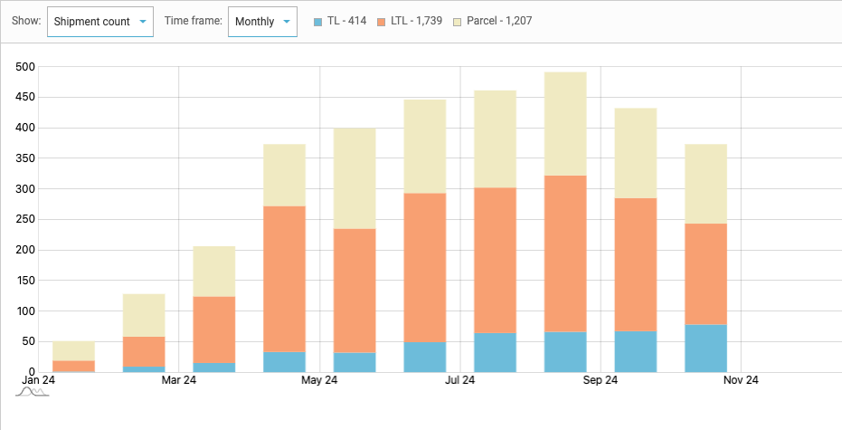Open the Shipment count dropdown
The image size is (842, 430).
pos(99,21)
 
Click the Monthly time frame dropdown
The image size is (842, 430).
pos(262,21)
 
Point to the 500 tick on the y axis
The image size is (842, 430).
pos(24,67)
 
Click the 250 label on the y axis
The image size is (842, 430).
pos(24,220)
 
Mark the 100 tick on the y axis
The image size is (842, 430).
pos(24,311)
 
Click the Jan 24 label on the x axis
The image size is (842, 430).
pos(37,381)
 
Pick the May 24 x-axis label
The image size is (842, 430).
pos(319,381)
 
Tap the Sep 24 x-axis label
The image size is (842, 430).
pos(601,381)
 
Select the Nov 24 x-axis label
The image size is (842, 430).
pos(741,381)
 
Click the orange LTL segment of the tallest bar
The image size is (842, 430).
pos(565,253)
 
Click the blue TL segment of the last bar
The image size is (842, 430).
pos(705,349)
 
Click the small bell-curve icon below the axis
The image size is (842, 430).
pos(32,393)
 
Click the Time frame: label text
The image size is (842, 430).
pos(193,21)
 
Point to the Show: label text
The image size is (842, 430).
pos(27,21)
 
